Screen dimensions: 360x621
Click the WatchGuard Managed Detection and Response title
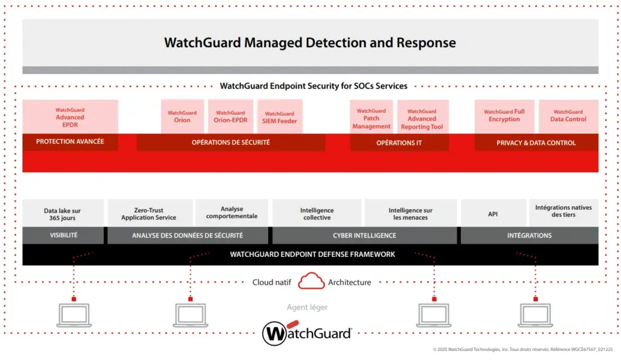coord(310,43)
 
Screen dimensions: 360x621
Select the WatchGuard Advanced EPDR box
coord(70,117)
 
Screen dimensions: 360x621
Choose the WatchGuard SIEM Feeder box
coord(280,117)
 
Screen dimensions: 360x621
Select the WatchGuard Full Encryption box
coord(504,116)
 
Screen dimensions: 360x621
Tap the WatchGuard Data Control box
coord(568,116)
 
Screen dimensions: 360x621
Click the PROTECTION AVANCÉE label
coord(70,142)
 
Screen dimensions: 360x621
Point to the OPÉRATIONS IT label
coord(399,143)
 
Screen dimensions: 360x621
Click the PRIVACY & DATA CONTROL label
coord(535,143)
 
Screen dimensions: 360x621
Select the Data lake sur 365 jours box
coord(62,214)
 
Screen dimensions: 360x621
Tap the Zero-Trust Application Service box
coord(149,214)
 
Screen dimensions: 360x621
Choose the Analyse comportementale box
coord(232,212)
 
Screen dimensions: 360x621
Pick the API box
coord(492,214)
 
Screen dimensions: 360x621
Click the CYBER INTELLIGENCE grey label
coord(364,235)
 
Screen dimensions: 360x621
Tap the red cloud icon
coord(311,281)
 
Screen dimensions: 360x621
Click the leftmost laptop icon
coord(73,315)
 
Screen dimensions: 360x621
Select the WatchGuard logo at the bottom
coord(307,333)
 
